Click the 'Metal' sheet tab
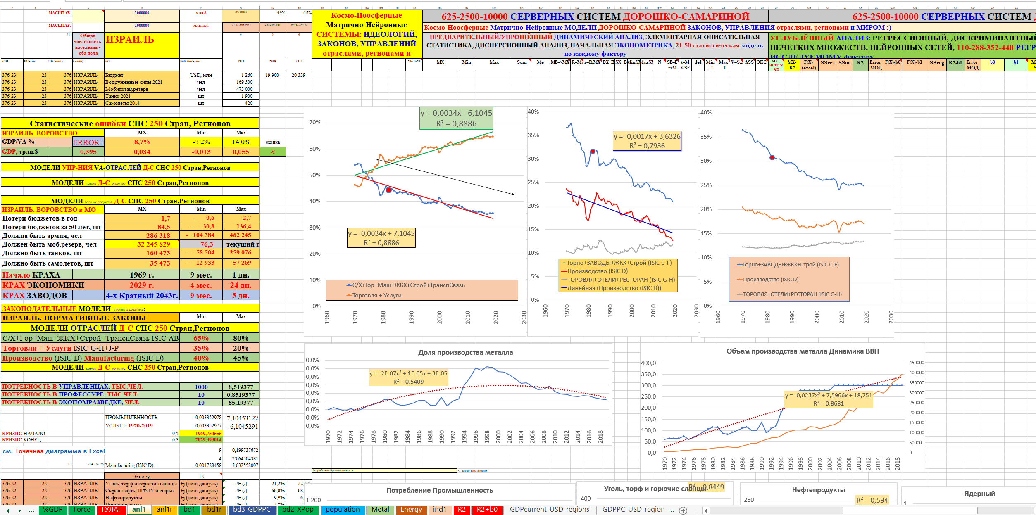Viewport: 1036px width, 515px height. click(x=380, y=510)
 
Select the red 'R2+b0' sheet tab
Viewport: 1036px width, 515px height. click(x=487, y=510)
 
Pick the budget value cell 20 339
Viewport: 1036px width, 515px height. click(x=298, y=75)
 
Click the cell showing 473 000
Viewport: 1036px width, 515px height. click(x=244, y=89)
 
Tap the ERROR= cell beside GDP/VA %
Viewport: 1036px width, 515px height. click(x=88, y=142)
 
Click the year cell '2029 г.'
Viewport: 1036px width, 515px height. click(x=141, y=285)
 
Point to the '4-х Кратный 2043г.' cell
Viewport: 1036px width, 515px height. click(x=142, y=296)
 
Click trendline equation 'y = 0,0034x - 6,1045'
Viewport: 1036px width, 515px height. click(x=456, y=113)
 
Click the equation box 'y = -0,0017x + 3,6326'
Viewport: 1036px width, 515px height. click(x=647, y=137)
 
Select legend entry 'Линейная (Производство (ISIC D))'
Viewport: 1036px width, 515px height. click(x=614, y=288)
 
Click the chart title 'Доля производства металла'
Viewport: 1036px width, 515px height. click(x=465, y=352)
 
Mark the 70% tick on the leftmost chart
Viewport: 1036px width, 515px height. click(x=314, y=122)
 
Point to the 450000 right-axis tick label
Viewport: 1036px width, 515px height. click(x=916, y=363)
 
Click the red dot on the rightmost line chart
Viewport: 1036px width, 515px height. click(x=772, y=158)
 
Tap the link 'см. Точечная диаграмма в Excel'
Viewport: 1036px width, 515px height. click(x=54, y=451)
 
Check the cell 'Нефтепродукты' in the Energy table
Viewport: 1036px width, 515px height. click(x=124, y=498)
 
